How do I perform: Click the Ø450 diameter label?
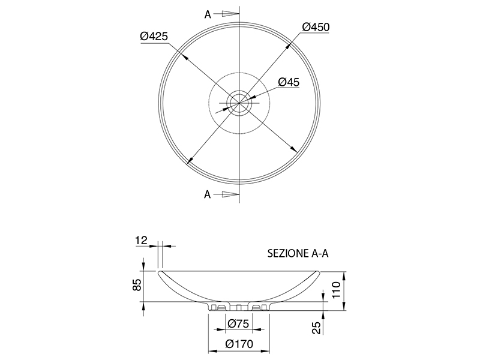[x=316, y=27]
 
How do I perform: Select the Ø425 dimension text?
[x=154, y=36]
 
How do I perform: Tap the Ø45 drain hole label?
[x=289, y=82]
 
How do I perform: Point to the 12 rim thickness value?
[x=142, y=241]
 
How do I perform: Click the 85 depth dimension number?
[x=138, y=284]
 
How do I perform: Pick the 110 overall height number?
[x=336, y=290]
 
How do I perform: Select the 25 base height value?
[x=317, y=328]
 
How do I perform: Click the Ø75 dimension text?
[x=238, y=323]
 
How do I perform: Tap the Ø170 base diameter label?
[x=239, y=344]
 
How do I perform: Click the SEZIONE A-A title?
[x=298, y=253]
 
